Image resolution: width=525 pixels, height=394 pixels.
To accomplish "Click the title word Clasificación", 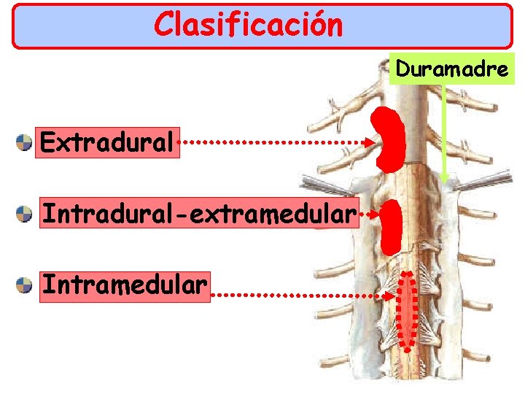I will pos(248,25).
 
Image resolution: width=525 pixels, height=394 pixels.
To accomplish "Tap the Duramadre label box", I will pos(452,71).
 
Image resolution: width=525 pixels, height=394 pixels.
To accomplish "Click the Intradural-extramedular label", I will pos(199,214).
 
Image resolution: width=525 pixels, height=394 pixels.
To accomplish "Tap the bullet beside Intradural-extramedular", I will pos(25,214).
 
